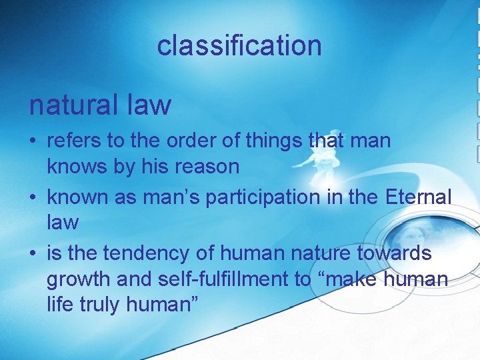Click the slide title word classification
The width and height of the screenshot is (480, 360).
239,45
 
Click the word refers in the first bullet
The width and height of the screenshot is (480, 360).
72,141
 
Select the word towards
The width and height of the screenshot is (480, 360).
398,254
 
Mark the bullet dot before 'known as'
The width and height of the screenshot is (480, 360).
33,198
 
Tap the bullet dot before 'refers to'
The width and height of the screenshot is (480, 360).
33,141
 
